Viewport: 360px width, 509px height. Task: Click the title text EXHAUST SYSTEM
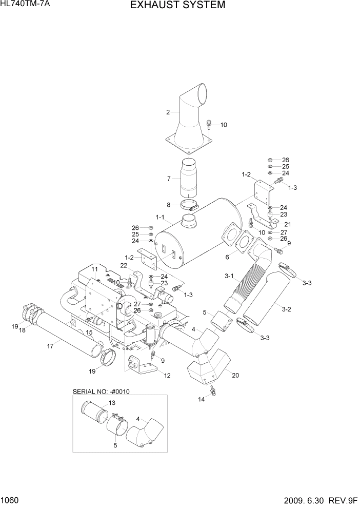coord(177,6)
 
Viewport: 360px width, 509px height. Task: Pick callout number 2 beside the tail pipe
coord(168,112)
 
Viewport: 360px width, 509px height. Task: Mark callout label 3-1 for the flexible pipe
coord(229,277)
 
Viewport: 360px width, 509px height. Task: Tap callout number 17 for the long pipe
coord(50,346)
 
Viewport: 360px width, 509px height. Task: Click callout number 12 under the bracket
coord(167,375)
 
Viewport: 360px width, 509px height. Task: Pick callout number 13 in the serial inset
coord(112,403)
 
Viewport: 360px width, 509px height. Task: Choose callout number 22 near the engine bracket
coord(124,265)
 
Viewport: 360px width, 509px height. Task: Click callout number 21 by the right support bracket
coord(288,224)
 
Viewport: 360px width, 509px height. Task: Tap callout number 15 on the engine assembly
coord(89,332)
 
